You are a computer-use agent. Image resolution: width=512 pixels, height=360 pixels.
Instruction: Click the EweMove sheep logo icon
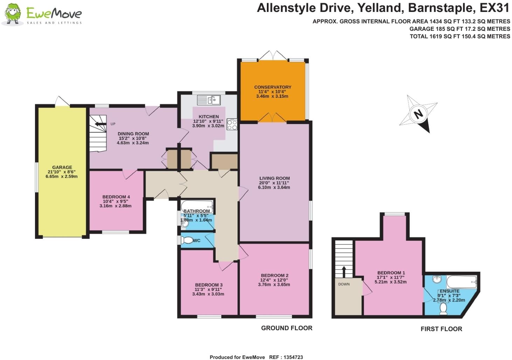point(13,14)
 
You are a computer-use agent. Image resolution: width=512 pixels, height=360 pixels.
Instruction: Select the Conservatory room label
point(272,87)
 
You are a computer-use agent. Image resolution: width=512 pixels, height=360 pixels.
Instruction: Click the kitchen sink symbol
point(208,100)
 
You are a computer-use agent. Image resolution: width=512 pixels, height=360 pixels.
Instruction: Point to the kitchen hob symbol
point(232,124)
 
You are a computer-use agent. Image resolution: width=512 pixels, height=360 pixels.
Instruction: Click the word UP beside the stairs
point(113,124)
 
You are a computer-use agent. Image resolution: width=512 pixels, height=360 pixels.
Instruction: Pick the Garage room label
point(62,167)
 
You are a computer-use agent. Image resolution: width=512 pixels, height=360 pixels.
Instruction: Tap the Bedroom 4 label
point(116,197)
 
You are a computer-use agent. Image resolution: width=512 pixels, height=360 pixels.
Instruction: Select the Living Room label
point(274,178)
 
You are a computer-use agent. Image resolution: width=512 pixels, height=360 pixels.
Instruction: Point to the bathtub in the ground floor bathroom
point(197,205)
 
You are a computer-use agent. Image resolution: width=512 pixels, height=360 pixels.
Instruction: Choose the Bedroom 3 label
point(209,285)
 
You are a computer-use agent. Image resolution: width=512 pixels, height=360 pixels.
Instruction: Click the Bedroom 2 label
point(275,276)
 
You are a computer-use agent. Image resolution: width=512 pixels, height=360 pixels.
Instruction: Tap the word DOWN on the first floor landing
point(344,284)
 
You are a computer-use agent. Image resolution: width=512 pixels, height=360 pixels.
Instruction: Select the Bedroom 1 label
point(391,273)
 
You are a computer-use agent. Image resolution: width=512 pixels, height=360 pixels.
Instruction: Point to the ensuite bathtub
point(462,281)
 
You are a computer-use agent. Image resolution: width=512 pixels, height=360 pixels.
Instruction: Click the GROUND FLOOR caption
point(286,328)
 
